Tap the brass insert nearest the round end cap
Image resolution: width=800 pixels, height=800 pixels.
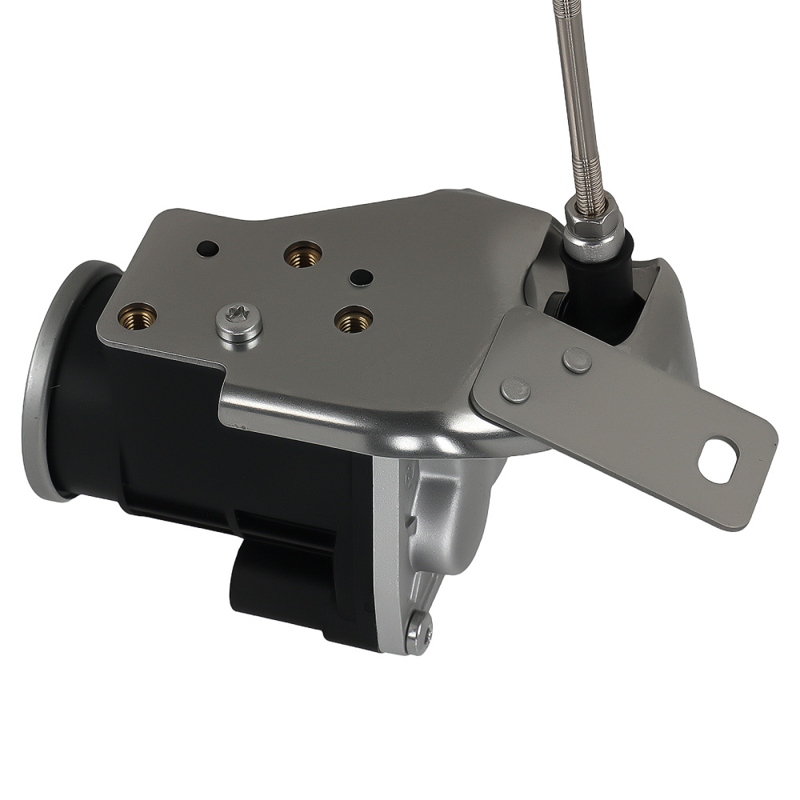point(137,316)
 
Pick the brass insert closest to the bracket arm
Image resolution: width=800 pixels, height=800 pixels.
point(353,319)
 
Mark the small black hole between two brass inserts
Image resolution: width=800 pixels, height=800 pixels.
point(361,277)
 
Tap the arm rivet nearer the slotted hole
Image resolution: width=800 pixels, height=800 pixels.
point(577,360)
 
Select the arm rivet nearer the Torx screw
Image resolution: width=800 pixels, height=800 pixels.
point(514,390)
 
